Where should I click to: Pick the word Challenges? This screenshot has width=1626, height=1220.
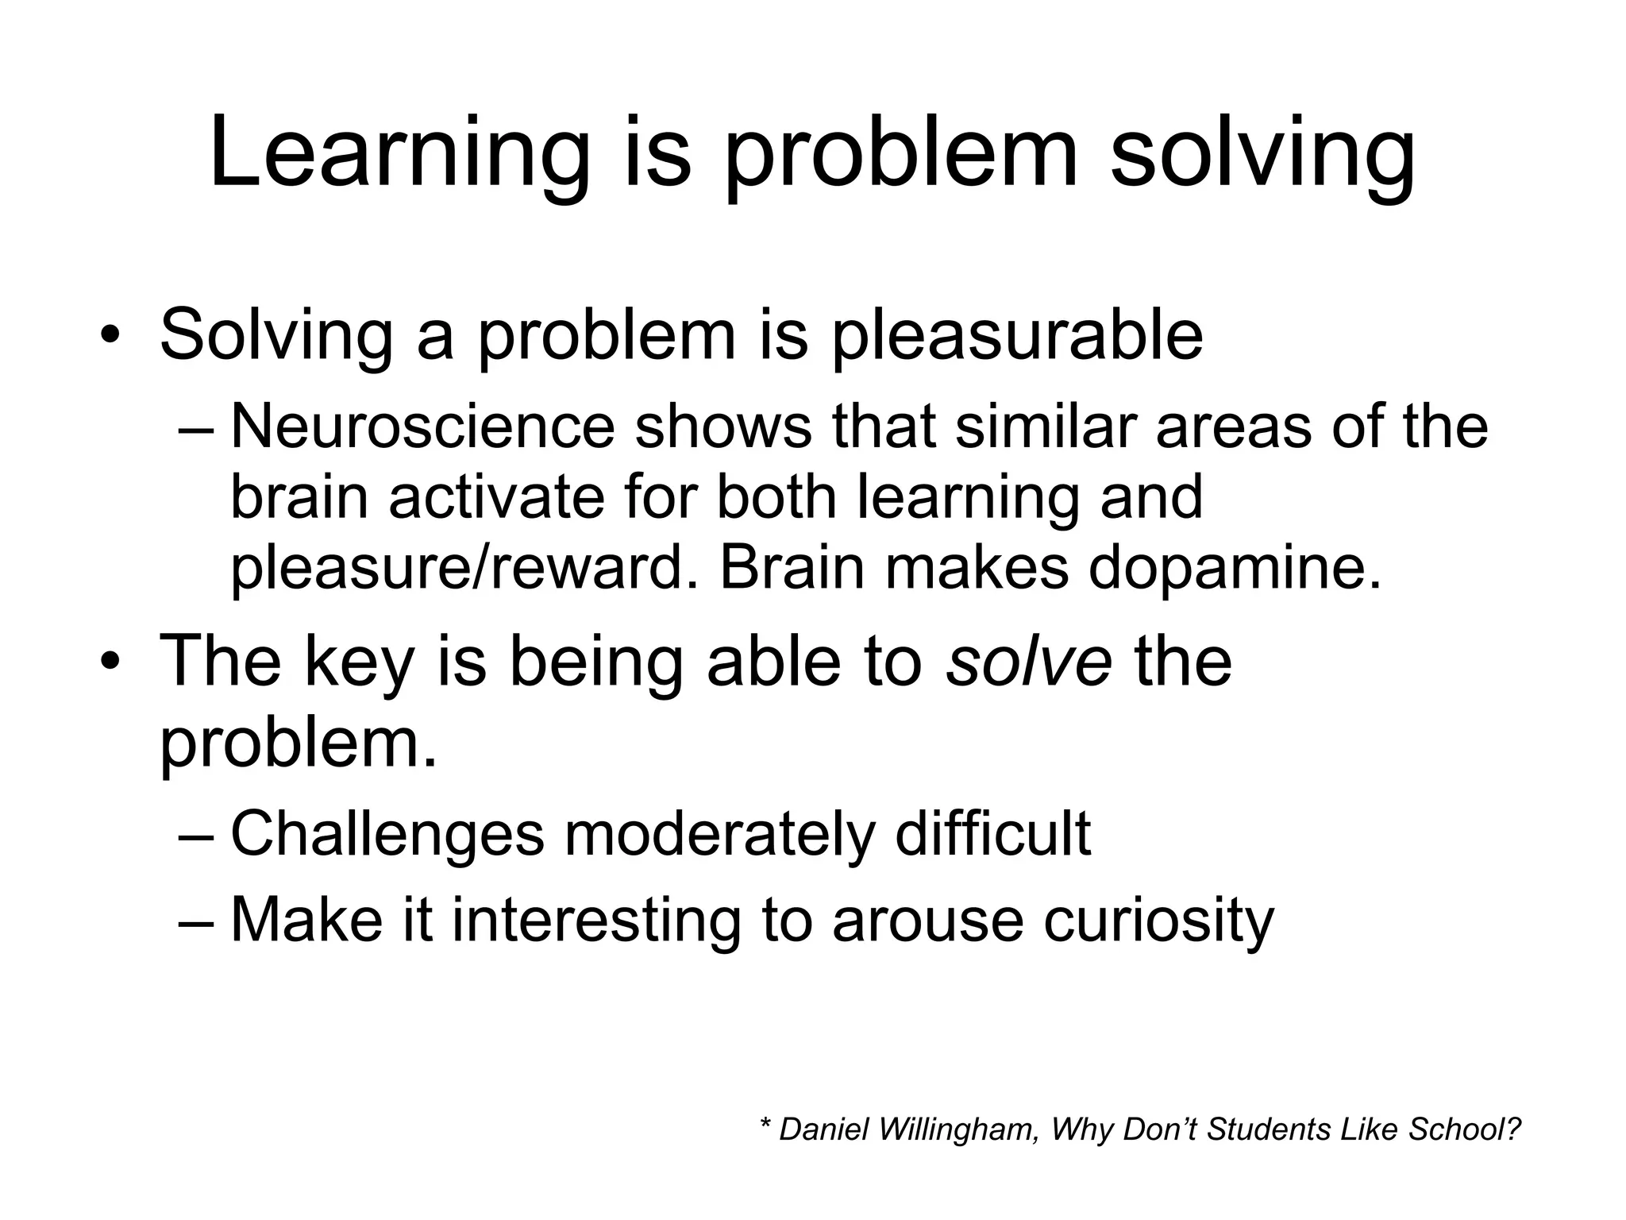pos(387,834)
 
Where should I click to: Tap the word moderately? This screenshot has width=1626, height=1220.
pos(719,834)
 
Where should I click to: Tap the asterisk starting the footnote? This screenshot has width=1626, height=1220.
pos(765,1125)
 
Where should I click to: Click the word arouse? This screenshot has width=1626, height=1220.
pos(928,921)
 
